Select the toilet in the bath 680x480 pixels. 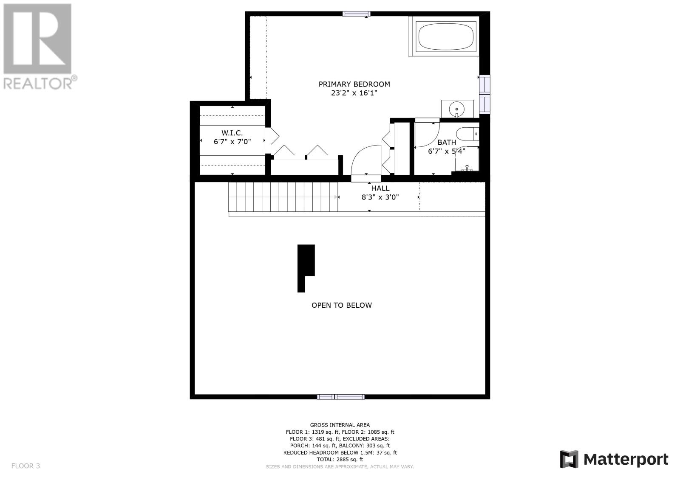click(x=467, y=134)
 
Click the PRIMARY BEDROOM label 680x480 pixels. click(x=354, y=84)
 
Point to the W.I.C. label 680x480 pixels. click(x=232, y=133)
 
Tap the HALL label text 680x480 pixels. click(x=380, y=188)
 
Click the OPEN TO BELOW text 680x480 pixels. click(x=342, y=305)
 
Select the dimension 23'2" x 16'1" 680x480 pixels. click(x=354, y=93)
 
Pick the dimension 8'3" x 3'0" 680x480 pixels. click(x=380, y=197)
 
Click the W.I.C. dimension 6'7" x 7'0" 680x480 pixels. click(x=232, y=142)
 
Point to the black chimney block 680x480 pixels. click(x=306, y=268)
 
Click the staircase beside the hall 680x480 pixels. click(x=283, y=197)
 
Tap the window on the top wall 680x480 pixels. click(x=357, y=14)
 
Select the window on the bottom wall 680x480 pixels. click(x=340, y=397)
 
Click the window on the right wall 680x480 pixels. click(x=484, y=94)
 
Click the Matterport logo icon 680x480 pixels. click(x=569, y=459)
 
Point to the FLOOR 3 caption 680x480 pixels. click(x=25, y=466)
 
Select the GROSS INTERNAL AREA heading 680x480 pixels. click(x=340, y=425)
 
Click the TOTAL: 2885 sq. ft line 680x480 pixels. click(x=340, y=459)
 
